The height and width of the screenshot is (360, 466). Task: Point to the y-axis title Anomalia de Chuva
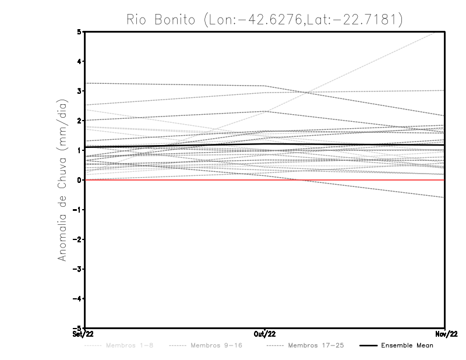pos(62,180)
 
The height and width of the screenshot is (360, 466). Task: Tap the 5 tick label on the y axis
pos(79,32)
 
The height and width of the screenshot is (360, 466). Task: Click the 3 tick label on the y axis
pos(79,91)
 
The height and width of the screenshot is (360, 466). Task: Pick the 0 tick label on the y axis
pos(79,180)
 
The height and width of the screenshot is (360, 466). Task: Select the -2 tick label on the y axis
pos(77,239)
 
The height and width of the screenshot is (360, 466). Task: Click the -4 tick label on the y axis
pos(77,298)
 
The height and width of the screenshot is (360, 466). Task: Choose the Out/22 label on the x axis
pos(265,334)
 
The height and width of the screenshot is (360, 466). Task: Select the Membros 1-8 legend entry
pos(121,345)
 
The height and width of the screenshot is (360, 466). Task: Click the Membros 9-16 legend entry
pos(207,345)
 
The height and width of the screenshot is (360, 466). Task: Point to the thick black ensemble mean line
pos(175,146)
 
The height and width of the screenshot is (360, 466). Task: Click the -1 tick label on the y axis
pos(77,210)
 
